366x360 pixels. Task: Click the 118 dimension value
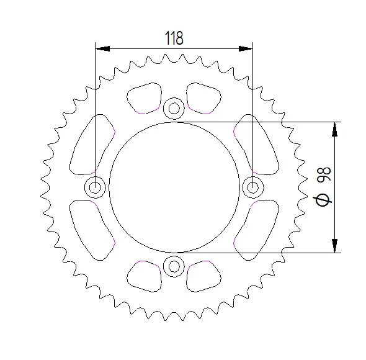pyautogui.click(x=174, y=38)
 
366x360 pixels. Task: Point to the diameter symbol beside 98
pyautogui.click(x=322, y=199)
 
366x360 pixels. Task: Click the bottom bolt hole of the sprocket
pyautogui.click(x=174, y=267)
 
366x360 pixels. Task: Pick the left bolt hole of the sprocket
pyautogui.click(x=96, y=187)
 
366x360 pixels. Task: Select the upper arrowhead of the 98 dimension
pyautogui.click(x=335, y=129)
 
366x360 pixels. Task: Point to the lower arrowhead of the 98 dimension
pyautogui.click(x=335, y=245)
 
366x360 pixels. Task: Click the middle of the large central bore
pyautogui.click(x=174, y=187)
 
